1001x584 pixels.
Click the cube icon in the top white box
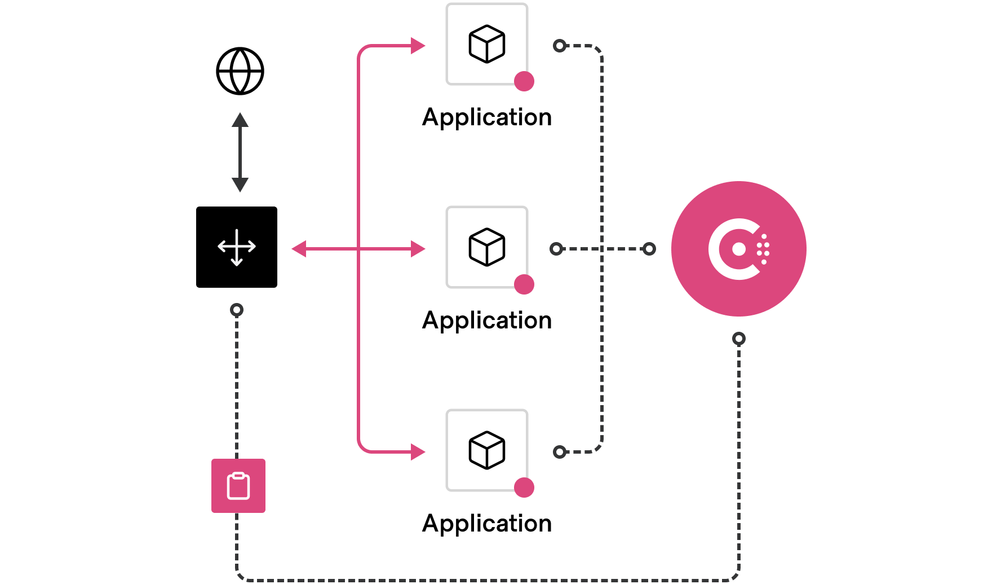pyautogui.click(x=486, y=44)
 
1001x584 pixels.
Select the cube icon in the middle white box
pyautogui.click(x=486, y=247)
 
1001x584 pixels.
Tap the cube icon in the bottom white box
pyautogui.click(x=486, y=450)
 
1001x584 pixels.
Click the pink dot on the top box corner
pyautogui.click(x=524, y=81)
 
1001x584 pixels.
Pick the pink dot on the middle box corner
pyautogui.click(x=524, y=284)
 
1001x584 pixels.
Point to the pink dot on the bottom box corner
pyautogui.click(x=524, y=488)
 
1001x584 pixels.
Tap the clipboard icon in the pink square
pyautogui.click(x=238, y=486)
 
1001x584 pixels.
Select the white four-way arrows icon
pyautogui.click(x=237, y=247)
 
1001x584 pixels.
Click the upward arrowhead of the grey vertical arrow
pyautogui.click(x=240, y=120)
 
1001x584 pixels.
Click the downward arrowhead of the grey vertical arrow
pyautogui.click(x=240, y=185)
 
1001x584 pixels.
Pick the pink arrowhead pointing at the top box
pyautogui.click(x=418, y=46)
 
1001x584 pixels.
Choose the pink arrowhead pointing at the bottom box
pyautogui.click(x=418, y=452)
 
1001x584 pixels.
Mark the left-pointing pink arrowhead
pyautogui.click(x=299, y=249)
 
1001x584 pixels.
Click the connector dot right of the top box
pyautogui.click(x=560, y=46)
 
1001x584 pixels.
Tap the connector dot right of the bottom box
pyautogui.click(x=560, y=452)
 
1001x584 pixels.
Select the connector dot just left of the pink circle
pyautogui.click(x=649, y=249)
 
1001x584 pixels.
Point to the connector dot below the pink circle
pyautogui.click(x=739, y=339)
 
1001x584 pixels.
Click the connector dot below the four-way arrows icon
pyautogui.click(x=237, y=310)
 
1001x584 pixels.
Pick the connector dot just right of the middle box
pyautogui.click(x=556, y=249)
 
